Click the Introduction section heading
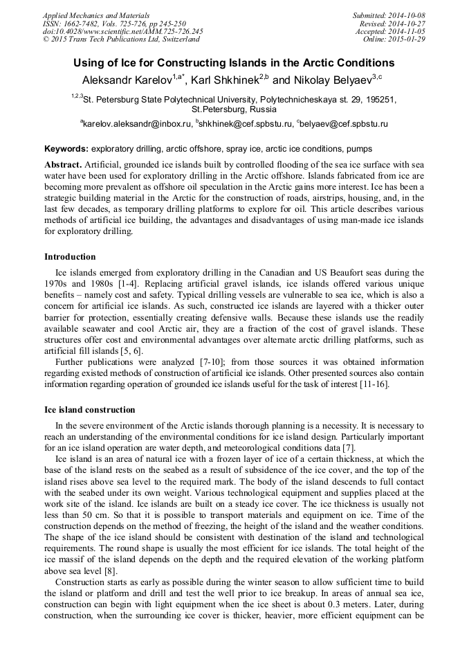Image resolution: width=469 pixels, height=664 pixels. click(x=70, y=257)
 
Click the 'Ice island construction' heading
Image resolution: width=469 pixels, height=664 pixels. click(x=89, y=410)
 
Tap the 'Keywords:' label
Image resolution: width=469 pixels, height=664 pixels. click(x=66, y=149)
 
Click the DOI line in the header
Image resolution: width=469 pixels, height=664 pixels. click(x=122, y=31)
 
